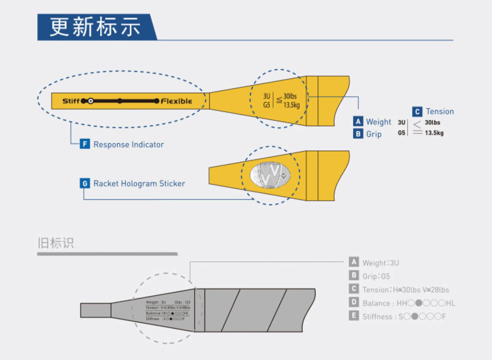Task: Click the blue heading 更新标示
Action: [x=95, y=27]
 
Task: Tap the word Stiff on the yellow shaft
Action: [x=71, y=101]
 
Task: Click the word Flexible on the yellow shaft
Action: [x=176, y=101]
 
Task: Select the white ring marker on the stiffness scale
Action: [x=91, y=101]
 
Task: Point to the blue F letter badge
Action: [x=85, y=144]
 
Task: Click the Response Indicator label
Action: [x=129, y=144]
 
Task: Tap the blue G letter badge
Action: [x=85, y=183]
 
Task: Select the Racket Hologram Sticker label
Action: [x=139, y=183]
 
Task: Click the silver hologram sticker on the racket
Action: [x=270, y=175]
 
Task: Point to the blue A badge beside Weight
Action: [x=358, y=121]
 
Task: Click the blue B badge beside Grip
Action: [x=358, y=134]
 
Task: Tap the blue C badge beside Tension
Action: [x=417, y=112]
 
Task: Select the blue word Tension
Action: [x=440, y=112]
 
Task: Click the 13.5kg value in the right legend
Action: [x=434, y=133]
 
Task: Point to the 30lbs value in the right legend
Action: [x=432, y=122]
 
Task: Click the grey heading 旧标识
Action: [x=56, y=243]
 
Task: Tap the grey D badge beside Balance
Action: [x=354, y=302]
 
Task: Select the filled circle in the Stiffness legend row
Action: [x=415, y=317]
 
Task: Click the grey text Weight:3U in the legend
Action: [x=380, y=263]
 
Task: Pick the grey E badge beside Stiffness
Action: [x=354, y=316]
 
